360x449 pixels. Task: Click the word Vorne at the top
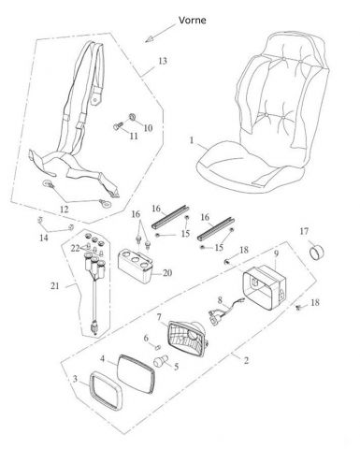192,21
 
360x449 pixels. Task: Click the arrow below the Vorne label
160,34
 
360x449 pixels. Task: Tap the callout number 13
163,61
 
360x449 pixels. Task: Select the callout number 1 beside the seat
192,140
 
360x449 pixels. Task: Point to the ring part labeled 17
316,251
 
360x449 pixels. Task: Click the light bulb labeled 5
161,361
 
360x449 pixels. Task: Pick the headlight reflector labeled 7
188,339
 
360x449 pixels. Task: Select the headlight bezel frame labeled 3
106,390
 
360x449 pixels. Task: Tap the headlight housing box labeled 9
265,287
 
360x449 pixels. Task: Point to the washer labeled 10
132,117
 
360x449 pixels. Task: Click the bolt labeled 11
117,126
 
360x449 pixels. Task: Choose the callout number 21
55,286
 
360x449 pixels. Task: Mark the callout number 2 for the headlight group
246,360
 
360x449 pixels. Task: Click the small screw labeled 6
158,346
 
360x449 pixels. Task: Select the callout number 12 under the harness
64,210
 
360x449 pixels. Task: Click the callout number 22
75,249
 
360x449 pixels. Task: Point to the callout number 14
44,238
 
